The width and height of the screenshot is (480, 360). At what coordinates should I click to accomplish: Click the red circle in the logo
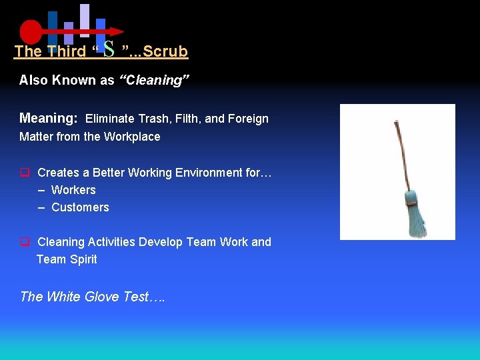coord(31,31)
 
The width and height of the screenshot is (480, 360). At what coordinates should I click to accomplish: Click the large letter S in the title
coord(110,48)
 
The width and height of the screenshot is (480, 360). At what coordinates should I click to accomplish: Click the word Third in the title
coord(67,51)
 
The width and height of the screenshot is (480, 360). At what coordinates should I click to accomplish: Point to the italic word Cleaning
coord(155,81)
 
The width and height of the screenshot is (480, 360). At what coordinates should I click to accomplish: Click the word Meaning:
coord(49,119)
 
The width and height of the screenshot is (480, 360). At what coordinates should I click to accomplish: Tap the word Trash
coord(154,119)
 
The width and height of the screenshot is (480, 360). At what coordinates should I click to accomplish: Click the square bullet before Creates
coord(24,173)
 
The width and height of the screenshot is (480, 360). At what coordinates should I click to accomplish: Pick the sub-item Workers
coord(73,190)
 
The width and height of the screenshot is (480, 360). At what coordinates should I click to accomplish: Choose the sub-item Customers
coord(80,207)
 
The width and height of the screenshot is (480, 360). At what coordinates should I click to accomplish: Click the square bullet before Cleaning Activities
coord(24,242)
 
